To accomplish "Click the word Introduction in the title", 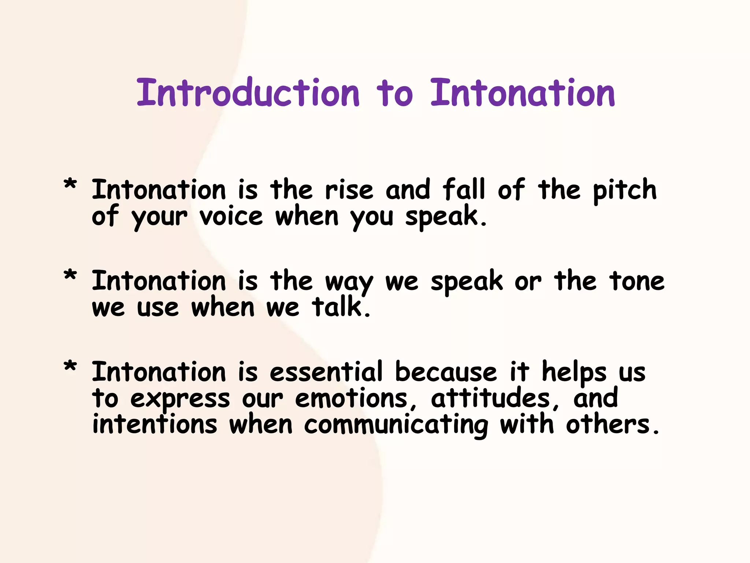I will point(248,93).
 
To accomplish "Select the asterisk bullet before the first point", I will point(70,184).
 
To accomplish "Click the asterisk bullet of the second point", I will point(70,276).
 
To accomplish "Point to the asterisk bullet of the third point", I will point(70,367).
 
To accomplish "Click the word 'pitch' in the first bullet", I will point(625,191).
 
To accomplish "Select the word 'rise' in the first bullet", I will point(349,191).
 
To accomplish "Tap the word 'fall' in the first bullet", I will point(464,190).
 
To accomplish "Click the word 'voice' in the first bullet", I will point(231,217).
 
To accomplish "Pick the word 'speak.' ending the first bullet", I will point(446,217).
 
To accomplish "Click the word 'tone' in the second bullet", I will point(636,281).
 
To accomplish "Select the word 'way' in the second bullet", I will point(349,283).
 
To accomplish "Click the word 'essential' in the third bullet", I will point(326,372).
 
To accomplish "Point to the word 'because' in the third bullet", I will point(446,372).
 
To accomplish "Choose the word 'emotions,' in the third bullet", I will point(356,399).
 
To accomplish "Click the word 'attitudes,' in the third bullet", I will point(494,399).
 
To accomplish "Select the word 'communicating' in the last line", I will point(396,425).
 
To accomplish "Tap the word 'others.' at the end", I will point(612,425).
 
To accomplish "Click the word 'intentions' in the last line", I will point(155,425).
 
